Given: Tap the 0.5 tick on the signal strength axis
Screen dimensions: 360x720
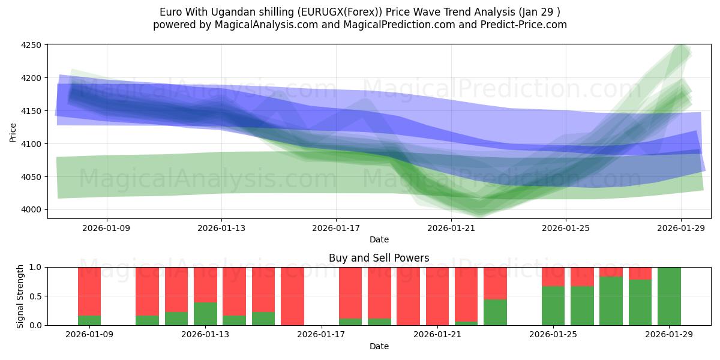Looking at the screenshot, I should [x=35, y=296].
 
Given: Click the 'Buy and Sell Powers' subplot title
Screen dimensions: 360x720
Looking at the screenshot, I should [x=379, y=258].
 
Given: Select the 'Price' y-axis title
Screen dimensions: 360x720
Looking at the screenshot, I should [x=13, y=132].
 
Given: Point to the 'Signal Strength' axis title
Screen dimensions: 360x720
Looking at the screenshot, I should [x=21, y=296].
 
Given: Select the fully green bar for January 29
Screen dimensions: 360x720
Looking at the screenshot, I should [x=669, y=296].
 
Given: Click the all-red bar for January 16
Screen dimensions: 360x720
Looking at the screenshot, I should [x=292, y=296].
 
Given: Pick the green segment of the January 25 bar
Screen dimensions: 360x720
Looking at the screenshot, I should [x=553, y=305].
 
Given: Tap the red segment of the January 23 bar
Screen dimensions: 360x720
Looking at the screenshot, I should [x=495, y=283].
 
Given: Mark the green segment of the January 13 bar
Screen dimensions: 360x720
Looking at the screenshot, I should [x=205, y=313].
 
